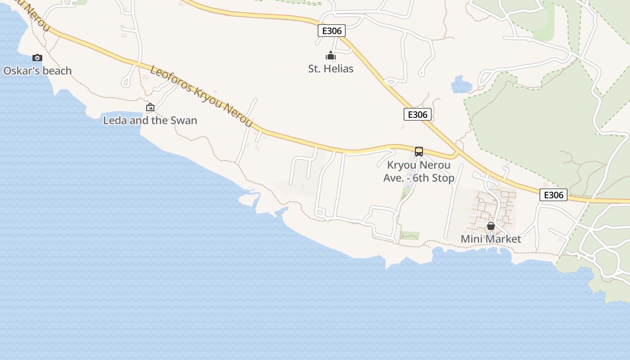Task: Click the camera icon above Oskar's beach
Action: coord(37,58)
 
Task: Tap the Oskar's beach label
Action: coord(37,71)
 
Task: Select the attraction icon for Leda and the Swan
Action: coord(150,107)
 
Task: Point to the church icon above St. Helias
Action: coord(331,56)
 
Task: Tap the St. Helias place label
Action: coord(331,68)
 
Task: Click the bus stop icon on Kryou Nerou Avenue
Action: coord(419,152)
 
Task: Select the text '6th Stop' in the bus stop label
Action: coord(433,178)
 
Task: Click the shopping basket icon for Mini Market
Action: coord(491,226)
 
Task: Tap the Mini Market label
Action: coord(491,239)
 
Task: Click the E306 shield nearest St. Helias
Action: coord(332,31)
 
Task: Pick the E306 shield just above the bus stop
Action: coord(418,114)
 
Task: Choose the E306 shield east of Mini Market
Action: coord(553,195)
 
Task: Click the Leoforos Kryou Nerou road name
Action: coord(201,96)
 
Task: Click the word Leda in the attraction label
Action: coord(115,120)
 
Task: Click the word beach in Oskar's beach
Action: coord(57,71)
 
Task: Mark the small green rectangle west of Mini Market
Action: coord(409,235)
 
